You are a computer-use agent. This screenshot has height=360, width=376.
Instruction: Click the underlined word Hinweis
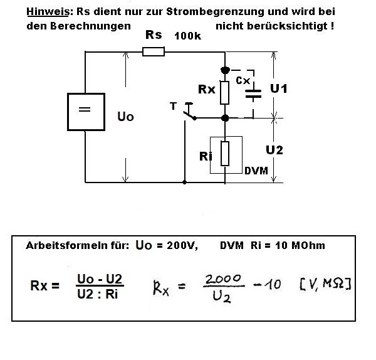[44, 12]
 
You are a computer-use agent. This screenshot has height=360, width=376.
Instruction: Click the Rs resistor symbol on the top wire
[154, 51]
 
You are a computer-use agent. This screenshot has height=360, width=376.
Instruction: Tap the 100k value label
[188, 36]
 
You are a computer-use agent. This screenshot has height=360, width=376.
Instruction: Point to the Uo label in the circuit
[125, 117]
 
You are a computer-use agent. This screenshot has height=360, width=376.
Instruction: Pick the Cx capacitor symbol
[253, 93]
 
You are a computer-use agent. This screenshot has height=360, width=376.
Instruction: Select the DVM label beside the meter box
[254, 169]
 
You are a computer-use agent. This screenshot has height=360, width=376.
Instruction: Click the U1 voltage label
[278, 88]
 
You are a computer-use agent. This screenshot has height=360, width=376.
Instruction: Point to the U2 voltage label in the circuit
[274, 150]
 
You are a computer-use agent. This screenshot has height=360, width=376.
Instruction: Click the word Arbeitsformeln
[64, 245]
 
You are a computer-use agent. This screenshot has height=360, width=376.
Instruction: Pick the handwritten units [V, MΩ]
[325, 285]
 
